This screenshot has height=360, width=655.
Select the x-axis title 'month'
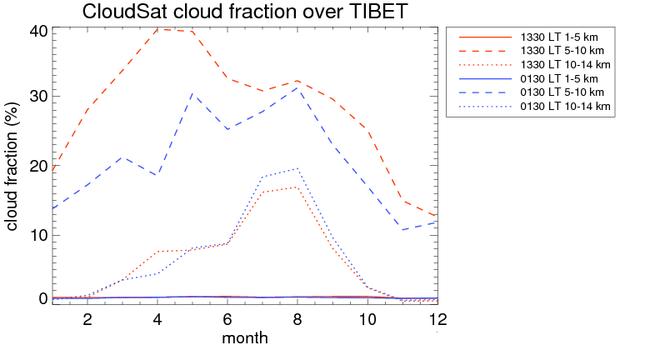[x=244, y=338]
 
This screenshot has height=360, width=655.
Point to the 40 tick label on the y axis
[x=38, y=32]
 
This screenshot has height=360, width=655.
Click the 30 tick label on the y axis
[x=38, y=96]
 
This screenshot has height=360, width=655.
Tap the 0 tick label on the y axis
[x=43, y=298]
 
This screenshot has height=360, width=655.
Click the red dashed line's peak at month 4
[x=158, y=29]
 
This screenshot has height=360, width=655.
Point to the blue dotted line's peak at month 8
[x=297, y=168]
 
